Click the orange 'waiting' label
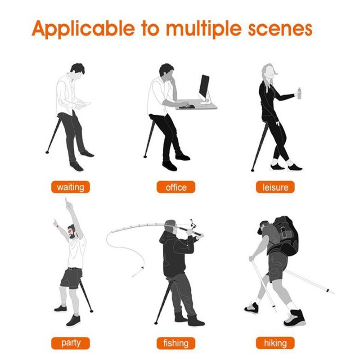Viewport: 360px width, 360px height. tap(70, 187)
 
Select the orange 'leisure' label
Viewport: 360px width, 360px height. tap(275, 187)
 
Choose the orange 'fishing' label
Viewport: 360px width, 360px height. tap(175, 343)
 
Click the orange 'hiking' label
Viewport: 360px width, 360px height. tap(275, 343)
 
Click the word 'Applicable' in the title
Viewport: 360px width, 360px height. tap(83, 29)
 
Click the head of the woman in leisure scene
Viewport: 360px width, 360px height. tap(268, 72)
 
